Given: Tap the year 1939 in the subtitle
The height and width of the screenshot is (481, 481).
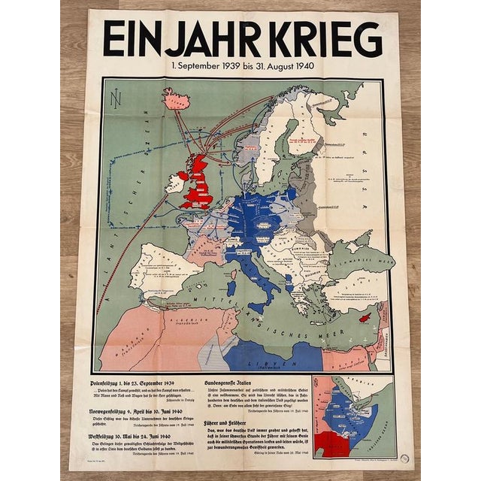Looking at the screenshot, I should point(241,65).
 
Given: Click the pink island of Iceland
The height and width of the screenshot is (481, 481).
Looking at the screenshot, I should point(176,98).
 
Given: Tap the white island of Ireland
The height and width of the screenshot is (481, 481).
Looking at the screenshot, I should point(176,183).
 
